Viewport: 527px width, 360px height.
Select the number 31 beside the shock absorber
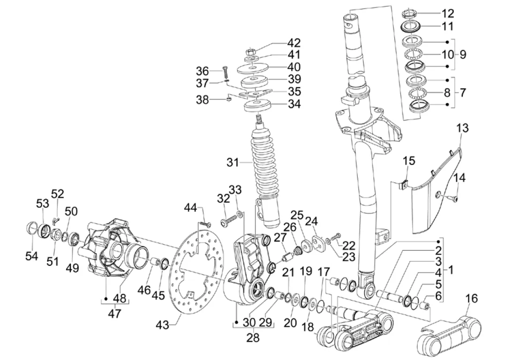[232, 163]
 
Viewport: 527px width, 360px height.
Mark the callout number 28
[253, 338]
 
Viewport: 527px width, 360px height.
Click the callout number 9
[463, 55]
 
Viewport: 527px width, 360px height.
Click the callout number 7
[463, 92]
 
